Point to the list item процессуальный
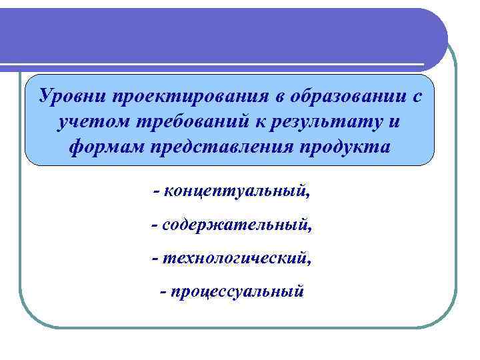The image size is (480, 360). click(237, 291)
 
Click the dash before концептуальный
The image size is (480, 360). click(156, 193)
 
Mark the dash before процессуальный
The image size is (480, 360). click(164, 291)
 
